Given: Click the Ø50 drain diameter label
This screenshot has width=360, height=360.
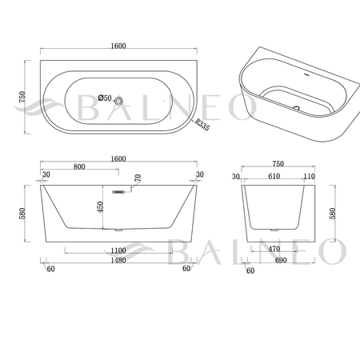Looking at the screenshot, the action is [105, 98].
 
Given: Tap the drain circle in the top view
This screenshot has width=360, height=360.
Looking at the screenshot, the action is [118, 101].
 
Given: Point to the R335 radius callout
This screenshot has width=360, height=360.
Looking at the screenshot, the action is [202, 124].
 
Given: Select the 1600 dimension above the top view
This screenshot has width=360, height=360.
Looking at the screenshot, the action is [118, 46].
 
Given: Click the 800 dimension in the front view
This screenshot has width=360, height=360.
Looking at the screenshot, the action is [79, 166].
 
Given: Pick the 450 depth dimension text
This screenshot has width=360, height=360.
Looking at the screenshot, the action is [100, 207].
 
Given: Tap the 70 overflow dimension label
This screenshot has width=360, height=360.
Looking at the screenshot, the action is [138, 178].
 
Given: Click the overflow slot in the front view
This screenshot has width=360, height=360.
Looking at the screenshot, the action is [118, 192].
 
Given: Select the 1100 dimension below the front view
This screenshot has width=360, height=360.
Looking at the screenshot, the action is [118, 250].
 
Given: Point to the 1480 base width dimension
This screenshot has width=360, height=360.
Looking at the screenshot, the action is [118, 260].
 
